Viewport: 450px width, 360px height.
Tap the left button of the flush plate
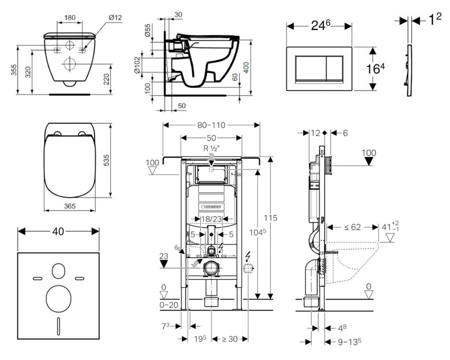(310, 69)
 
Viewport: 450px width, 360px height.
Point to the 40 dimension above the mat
(58, 231)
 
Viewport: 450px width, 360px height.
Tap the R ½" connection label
(211, 148)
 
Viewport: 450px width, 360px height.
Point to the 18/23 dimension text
(211, 218)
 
